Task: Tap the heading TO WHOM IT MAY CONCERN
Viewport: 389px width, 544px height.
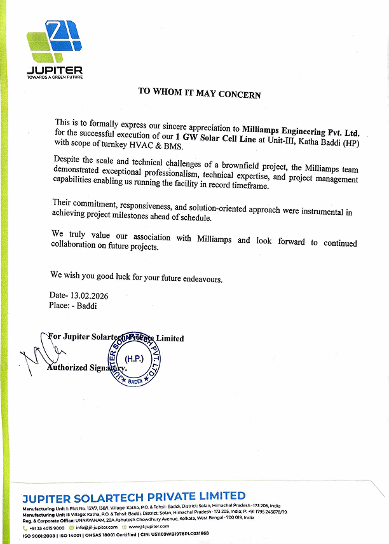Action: pos(200,92)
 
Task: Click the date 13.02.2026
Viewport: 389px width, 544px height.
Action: pos(90,296)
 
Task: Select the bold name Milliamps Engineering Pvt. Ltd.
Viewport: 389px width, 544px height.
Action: pos(301,130)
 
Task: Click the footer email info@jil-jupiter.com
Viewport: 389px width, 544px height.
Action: pos(95,527)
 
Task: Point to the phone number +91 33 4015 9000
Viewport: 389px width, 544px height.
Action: pos(46,527)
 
